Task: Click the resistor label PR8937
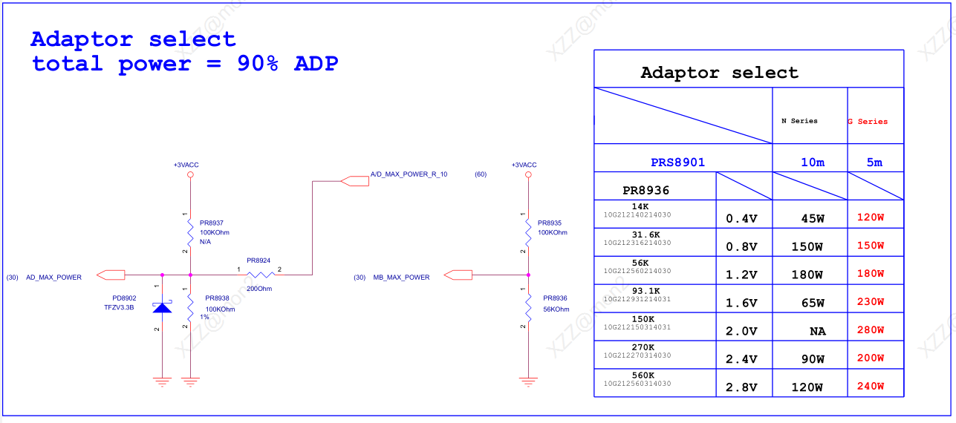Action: (x=212, y=223)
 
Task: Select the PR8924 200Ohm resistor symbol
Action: (x=260, y=275)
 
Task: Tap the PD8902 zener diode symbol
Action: (x=162, y=306)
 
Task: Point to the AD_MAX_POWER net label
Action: (x=53, y=278)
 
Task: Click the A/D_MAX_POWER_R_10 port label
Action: (x=409, y=174)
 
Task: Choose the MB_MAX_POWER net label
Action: (x=401, y=278)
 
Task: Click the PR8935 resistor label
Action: (x=550, y=223)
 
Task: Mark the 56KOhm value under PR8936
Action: (x=556, y=309)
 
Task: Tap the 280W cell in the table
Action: (x=871, y=330)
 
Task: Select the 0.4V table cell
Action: (x=741, y=219)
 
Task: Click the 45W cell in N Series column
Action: (x=812, y=218)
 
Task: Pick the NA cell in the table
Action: (x=817, y=332)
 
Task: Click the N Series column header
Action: (x=799, y=121)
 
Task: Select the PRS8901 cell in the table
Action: (x=677, y=162)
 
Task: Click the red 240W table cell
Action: (x=871, y=387)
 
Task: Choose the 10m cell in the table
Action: (x=812, y=163)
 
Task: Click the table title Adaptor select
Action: (x=719, y=73)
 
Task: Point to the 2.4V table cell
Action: (x=741, y=360)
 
